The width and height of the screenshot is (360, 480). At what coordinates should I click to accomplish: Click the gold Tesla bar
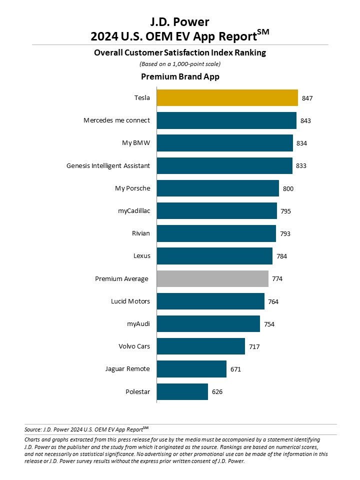click(227, 98)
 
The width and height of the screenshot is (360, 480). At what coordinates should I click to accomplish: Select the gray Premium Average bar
click(212, 278)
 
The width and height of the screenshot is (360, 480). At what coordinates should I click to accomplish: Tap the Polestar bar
click(182, 391)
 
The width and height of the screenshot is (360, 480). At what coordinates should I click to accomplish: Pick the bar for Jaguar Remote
click(191, 369)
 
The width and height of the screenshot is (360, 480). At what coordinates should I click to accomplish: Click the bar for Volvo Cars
click(200, 346)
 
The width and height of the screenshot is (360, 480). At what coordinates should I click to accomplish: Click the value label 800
click(288, 188)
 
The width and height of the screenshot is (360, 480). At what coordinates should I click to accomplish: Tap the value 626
click(216, 391)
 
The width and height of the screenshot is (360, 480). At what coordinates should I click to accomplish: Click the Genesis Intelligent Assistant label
click(108, 165)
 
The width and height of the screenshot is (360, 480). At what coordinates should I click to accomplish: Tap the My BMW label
click(136, 143)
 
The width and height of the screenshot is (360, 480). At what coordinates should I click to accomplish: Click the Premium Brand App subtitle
click(180, 76)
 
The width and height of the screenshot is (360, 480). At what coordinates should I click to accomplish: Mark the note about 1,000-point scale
click(180, 63)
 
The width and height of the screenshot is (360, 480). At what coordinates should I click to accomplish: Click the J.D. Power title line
click(180, 21)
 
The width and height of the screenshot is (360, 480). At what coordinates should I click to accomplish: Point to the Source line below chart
click(86, 429)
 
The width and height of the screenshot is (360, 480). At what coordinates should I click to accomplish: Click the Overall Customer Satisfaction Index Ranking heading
click(180, 52)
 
